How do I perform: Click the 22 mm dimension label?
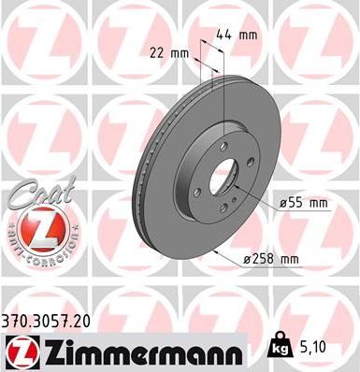[x=168, y=53]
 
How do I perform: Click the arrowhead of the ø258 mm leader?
[x=215, y=251]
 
